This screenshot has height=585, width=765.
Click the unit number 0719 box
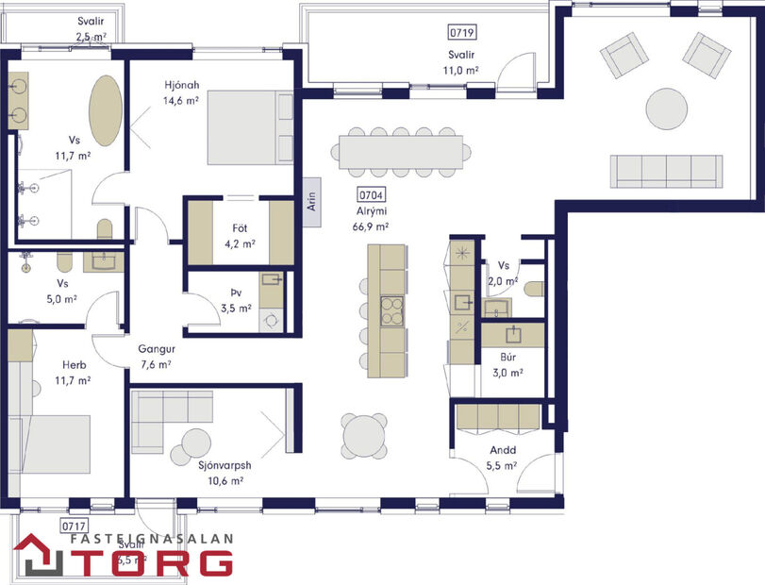pyautogui.click(x=462, y=32)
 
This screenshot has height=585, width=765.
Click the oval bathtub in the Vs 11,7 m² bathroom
pyautogui.click(x=105, y=111)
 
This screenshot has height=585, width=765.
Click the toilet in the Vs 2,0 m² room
pyautogui.click(x=534, y=289)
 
